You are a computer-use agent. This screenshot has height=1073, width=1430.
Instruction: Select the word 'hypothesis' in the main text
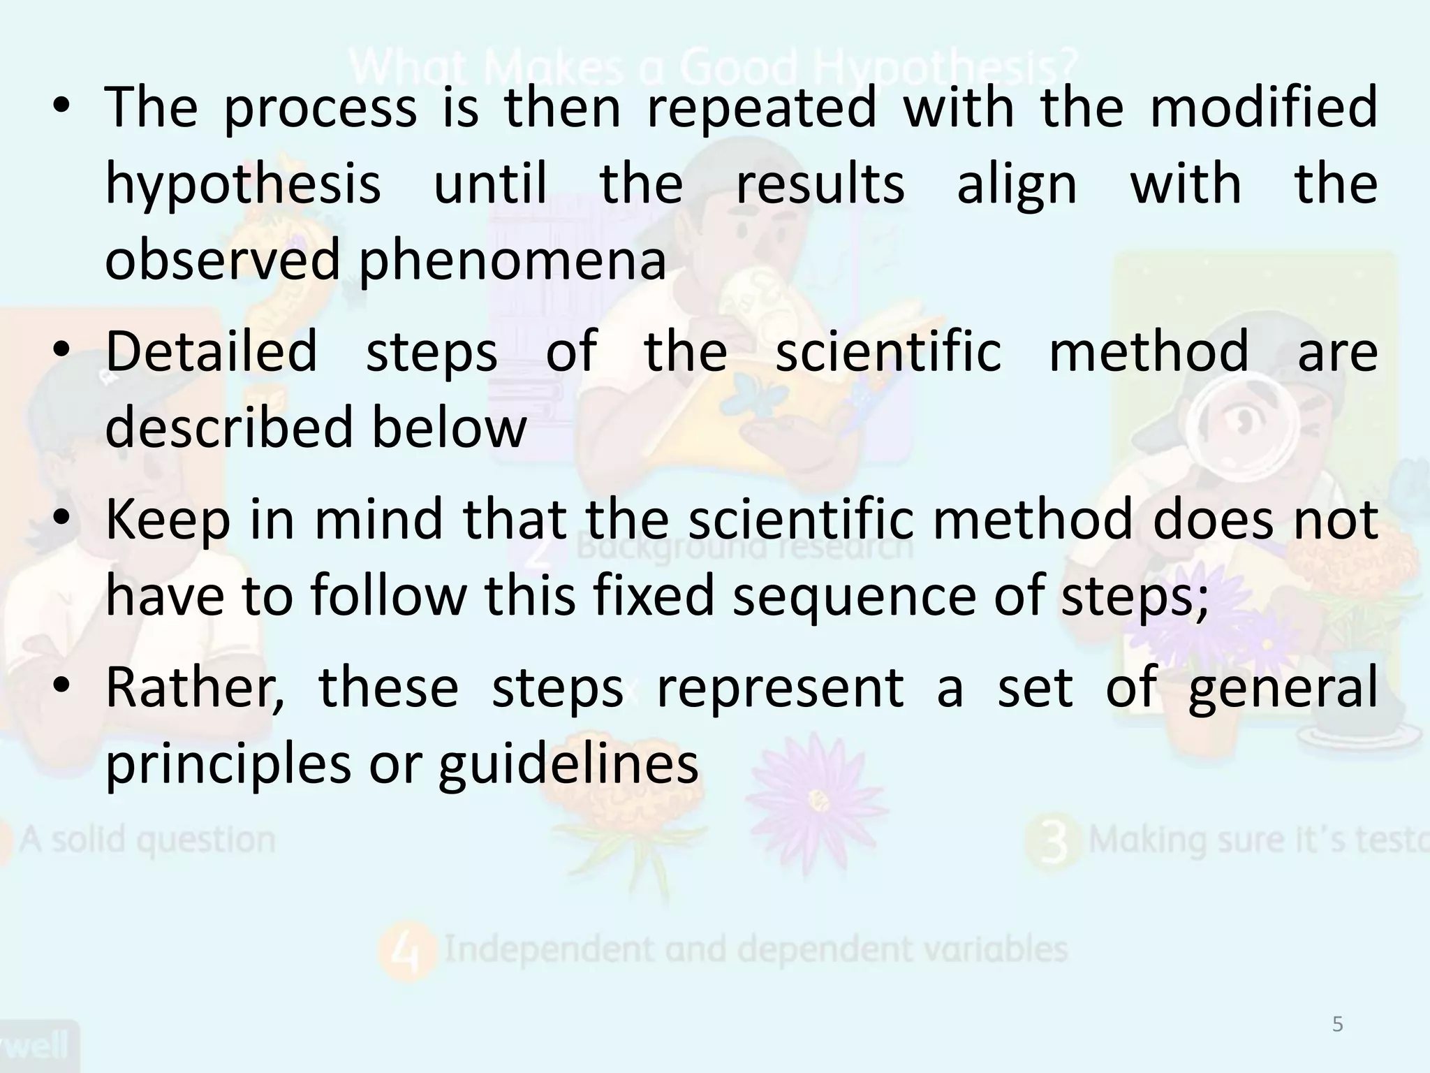click(x=243, y=185)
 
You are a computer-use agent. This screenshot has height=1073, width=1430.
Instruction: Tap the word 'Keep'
click(x=168, y=520)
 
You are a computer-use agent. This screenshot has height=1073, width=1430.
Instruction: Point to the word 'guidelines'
click(x=568, y=764)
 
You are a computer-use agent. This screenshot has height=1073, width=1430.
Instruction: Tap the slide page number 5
click(x=1337, y=1025)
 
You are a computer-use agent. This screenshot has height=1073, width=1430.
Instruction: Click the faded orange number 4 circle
click(x=407, y=951)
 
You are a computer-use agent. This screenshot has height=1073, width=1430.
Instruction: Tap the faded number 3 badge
click(x=1055, y=841)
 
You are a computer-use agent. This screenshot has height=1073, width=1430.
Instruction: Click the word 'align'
click(x=1017, y=185)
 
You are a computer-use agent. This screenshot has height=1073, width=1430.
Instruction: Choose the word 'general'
click(x=1283, y=688)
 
